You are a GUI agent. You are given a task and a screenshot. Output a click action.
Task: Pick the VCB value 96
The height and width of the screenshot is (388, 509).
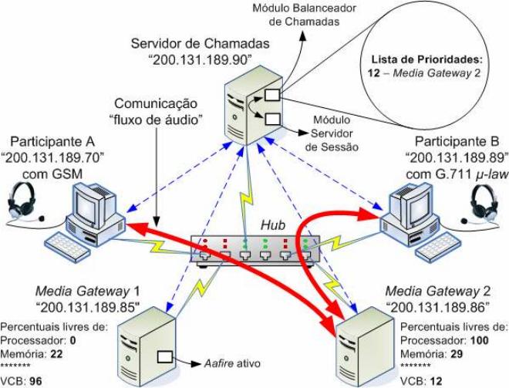coord(35,380)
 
